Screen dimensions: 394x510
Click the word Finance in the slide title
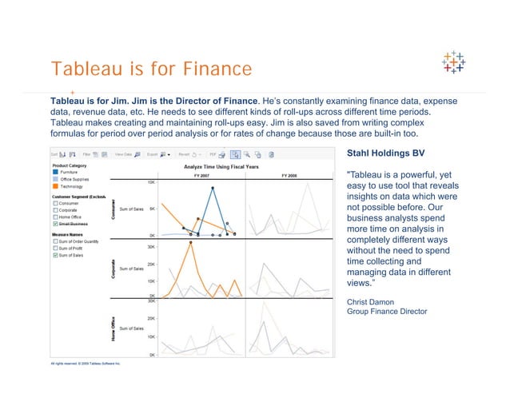click(208, 70)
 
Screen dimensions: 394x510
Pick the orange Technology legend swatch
click(55, 185)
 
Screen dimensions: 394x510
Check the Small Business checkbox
click(55, 225)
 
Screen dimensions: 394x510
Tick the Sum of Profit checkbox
click(55, 249)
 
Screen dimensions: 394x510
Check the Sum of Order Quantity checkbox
click(55, 241)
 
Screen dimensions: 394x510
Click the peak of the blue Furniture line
click(213, 188)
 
